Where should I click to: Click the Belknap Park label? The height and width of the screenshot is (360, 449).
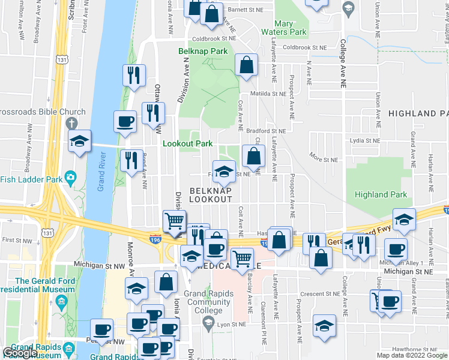click(203, 52)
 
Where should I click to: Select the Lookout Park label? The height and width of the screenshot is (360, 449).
click(188, 144)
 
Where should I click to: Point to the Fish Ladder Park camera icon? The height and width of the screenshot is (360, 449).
click(70, 178)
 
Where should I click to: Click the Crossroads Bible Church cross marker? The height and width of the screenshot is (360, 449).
click(71, 123)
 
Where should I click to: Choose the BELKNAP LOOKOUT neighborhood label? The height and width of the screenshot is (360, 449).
click(210, 194)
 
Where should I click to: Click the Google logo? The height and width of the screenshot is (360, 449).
click(20, 353)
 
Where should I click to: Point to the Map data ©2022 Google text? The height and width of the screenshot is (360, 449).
click(412, 355)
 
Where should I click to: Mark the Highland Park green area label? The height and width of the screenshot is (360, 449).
click(381, 194)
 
